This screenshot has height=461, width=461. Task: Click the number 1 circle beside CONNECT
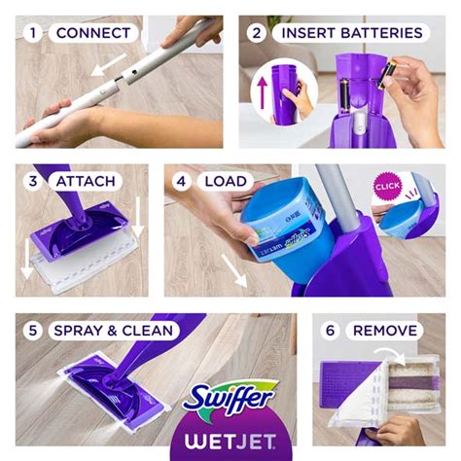point(35,33)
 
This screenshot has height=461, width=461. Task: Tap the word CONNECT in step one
point(92,33)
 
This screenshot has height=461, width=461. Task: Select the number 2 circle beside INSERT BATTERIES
point(258,33)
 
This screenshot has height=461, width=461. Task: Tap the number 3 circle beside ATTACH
point(35,181)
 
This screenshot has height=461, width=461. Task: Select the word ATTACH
point(87,181)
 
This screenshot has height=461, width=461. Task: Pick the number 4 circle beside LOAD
point(182,181)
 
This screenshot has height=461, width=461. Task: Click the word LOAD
point(224,181)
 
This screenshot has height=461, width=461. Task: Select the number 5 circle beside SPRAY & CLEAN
point(35,330)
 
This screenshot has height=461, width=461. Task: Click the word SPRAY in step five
point(78,330)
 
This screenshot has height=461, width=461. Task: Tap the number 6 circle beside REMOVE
point(330,330)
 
